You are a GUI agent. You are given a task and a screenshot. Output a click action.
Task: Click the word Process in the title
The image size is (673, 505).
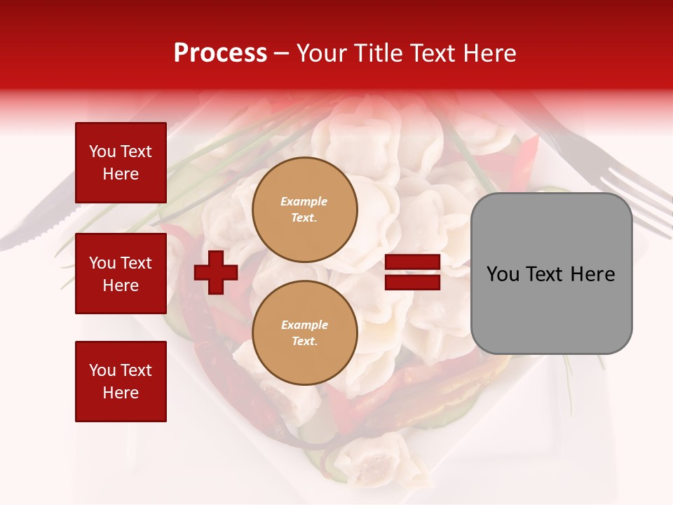pyautogui.click(x=220, y=53)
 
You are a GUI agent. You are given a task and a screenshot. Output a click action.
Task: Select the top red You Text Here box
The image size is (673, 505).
pyautogui.click(x=121, y=163)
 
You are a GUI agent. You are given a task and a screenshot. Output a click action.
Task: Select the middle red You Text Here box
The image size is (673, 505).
pyautogui.click(x=121, y=274)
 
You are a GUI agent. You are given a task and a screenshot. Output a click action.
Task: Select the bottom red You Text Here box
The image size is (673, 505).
pyautogui.click(x=121, y=382)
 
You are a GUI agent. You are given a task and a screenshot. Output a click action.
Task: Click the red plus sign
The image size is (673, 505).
pyautogui.click(x=216, y=273)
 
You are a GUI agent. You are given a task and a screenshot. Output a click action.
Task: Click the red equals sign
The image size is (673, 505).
pyautogui.click(x=412, y=273)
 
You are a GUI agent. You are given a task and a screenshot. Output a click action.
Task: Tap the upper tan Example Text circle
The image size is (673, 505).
pyautogui.click(x=304, y=210)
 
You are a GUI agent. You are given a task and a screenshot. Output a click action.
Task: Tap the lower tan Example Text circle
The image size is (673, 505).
pyautogui.click(x=304, y=333)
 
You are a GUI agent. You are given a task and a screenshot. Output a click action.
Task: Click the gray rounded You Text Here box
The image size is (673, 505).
pyautogui.click(x=551, y=274)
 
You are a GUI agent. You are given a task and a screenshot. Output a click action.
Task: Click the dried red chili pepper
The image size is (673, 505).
pyautogui.click(x=210, y=337)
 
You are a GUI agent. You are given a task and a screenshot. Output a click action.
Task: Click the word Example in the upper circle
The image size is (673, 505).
pyautogui.click(x=304, y=201)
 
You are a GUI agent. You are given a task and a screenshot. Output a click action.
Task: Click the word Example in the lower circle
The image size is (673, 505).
pyautogui.click(x=304, y=325)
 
